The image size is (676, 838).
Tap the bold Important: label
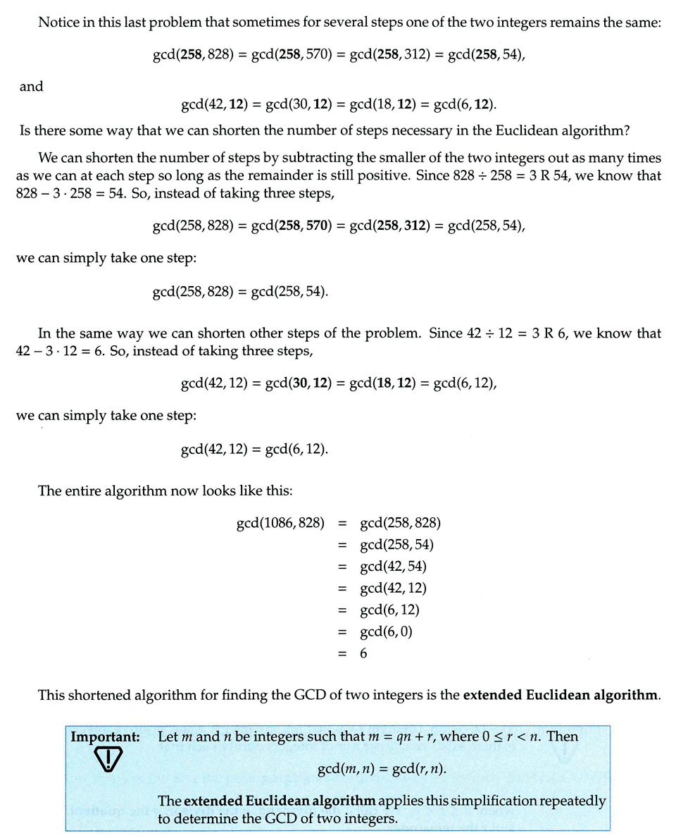(x=105, y=737)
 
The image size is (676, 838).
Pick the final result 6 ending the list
(x=363, y=653)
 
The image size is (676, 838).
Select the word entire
(x=87, y=491)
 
